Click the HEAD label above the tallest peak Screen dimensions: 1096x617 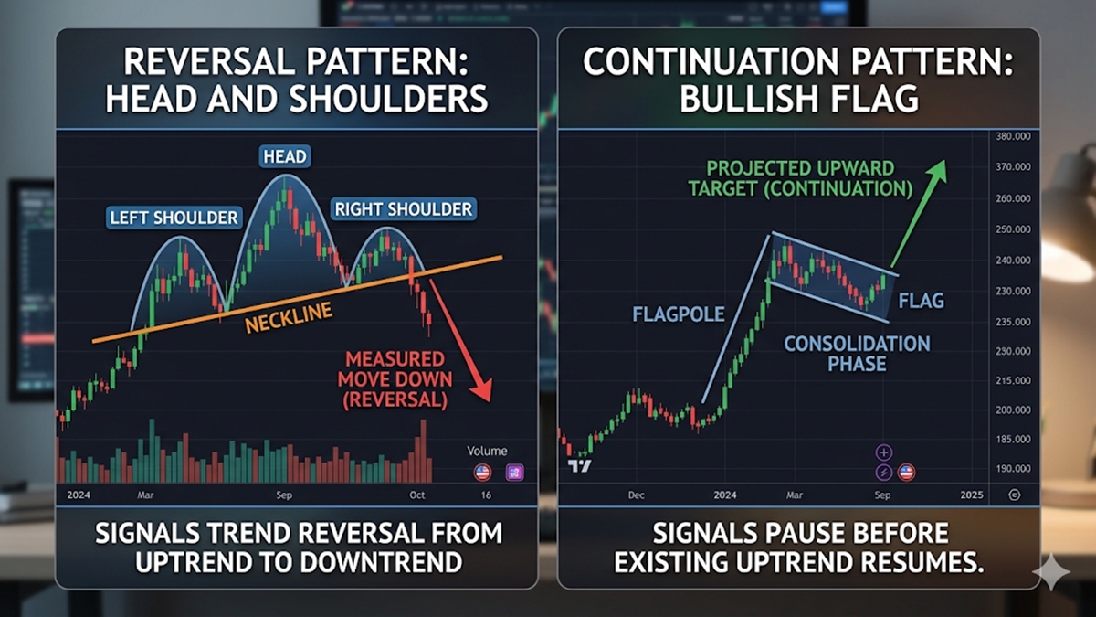point(285,156)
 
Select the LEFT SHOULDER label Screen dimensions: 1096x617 point(174,218)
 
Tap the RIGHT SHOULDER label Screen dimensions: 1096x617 point(403,209)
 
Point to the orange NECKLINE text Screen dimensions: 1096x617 point(289,317)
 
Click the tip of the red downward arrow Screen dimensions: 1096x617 point(490,401)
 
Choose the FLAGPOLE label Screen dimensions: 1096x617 point(679,314)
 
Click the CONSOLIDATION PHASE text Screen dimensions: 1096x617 point(858,354)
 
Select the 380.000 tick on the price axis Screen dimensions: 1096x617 point(1013,136)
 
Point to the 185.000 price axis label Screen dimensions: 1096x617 point(1013,440)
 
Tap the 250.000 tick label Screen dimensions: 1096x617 point(1013,229)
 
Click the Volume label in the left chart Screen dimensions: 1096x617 point(487,451)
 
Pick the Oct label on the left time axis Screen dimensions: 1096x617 point(417,495)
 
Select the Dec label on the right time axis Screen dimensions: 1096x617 point(636,495)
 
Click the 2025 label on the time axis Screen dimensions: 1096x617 point(972,495)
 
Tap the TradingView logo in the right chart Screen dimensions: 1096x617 point(580,466)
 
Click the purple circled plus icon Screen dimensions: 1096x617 point(884,453)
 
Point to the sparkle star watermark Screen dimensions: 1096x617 point(1051,572)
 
